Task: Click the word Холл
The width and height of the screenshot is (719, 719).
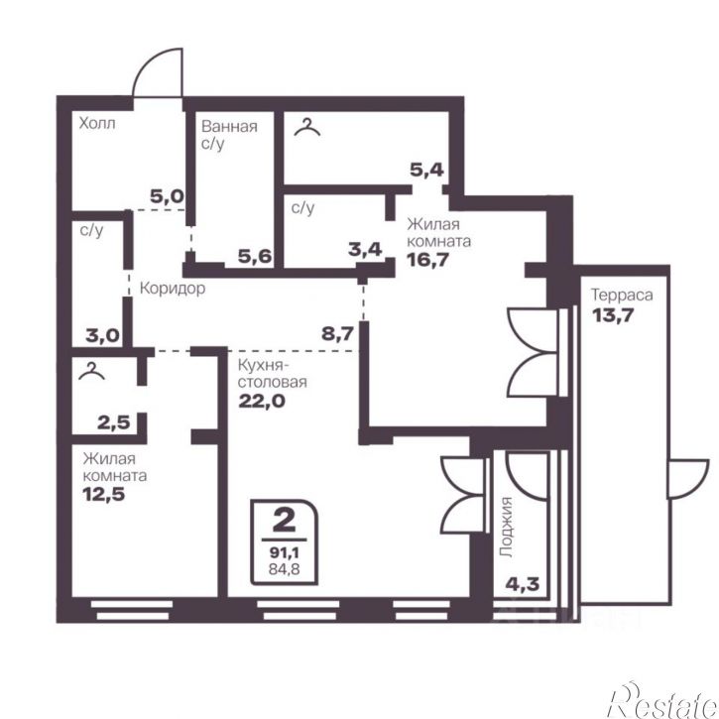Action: pos(97,123)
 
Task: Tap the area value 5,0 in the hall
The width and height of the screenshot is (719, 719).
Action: pos(167,196)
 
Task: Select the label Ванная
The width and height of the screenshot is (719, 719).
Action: pos(229,126)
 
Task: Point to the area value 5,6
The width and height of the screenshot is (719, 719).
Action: pos(255,256)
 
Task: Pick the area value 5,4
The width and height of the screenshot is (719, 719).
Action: pos(426,170)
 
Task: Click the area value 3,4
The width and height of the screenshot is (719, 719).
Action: pos(365,249)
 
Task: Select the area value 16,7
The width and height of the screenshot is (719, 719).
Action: pos(427,260)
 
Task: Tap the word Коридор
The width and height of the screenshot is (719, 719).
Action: pos(173,289)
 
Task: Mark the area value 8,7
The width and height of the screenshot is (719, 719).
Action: pos(337,333)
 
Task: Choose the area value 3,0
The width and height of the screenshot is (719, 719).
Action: pos(103,335)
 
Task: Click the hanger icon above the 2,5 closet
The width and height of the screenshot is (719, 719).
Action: pos(91,371)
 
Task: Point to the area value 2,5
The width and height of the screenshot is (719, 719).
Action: pos(114,421)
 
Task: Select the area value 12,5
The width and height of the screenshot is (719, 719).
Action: pos(103,494)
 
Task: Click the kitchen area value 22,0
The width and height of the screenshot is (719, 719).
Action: pos(262,401)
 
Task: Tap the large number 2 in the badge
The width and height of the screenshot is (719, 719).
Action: pos(284,521)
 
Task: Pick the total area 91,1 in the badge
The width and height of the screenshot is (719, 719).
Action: pos(285,552)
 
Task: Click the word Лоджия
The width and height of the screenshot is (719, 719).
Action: pos(506,528)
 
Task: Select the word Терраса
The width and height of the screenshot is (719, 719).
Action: pos(622,295)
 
